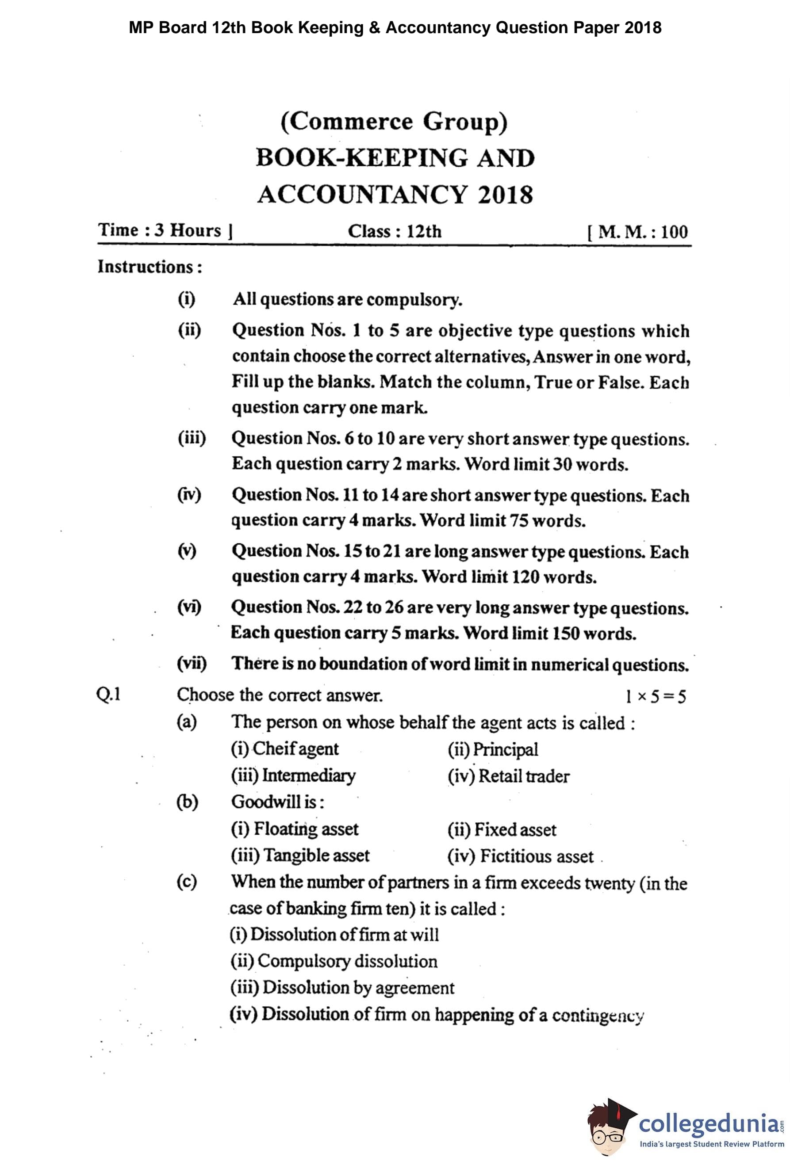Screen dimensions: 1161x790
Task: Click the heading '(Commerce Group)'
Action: coord(394,122)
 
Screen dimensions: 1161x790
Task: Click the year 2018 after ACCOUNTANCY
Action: coord(505,195)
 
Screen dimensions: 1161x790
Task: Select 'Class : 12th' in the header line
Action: coord(394,231)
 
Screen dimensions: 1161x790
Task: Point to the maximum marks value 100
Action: coord(674,232)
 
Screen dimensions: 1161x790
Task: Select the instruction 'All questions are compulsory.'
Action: coord(347,299)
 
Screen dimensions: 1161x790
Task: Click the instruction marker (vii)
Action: coord(192,664)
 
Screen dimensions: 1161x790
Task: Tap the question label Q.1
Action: coord(108,695)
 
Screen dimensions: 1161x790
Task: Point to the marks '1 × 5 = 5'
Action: coord(656,696)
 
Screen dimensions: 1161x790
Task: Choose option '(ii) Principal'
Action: coord(493,749)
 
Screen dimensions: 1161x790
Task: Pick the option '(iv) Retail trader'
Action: coord(508,776)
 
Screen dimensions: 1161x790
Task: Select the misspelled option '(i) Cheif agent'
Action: coord(284,749)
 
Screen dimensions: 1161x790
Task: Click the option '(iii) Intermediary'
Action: coord(293,775)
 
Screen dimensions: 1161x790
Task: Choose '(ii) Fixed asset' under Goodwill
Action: coord(502,830)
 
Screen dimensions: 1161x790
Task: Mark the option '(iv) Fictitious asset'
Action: coord(520,856)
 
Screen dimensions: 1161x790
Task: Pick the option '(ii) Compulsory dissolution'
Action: coord(334,961)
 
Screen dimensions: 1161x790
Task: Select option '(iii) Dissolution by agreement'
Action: coord(342,988)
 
